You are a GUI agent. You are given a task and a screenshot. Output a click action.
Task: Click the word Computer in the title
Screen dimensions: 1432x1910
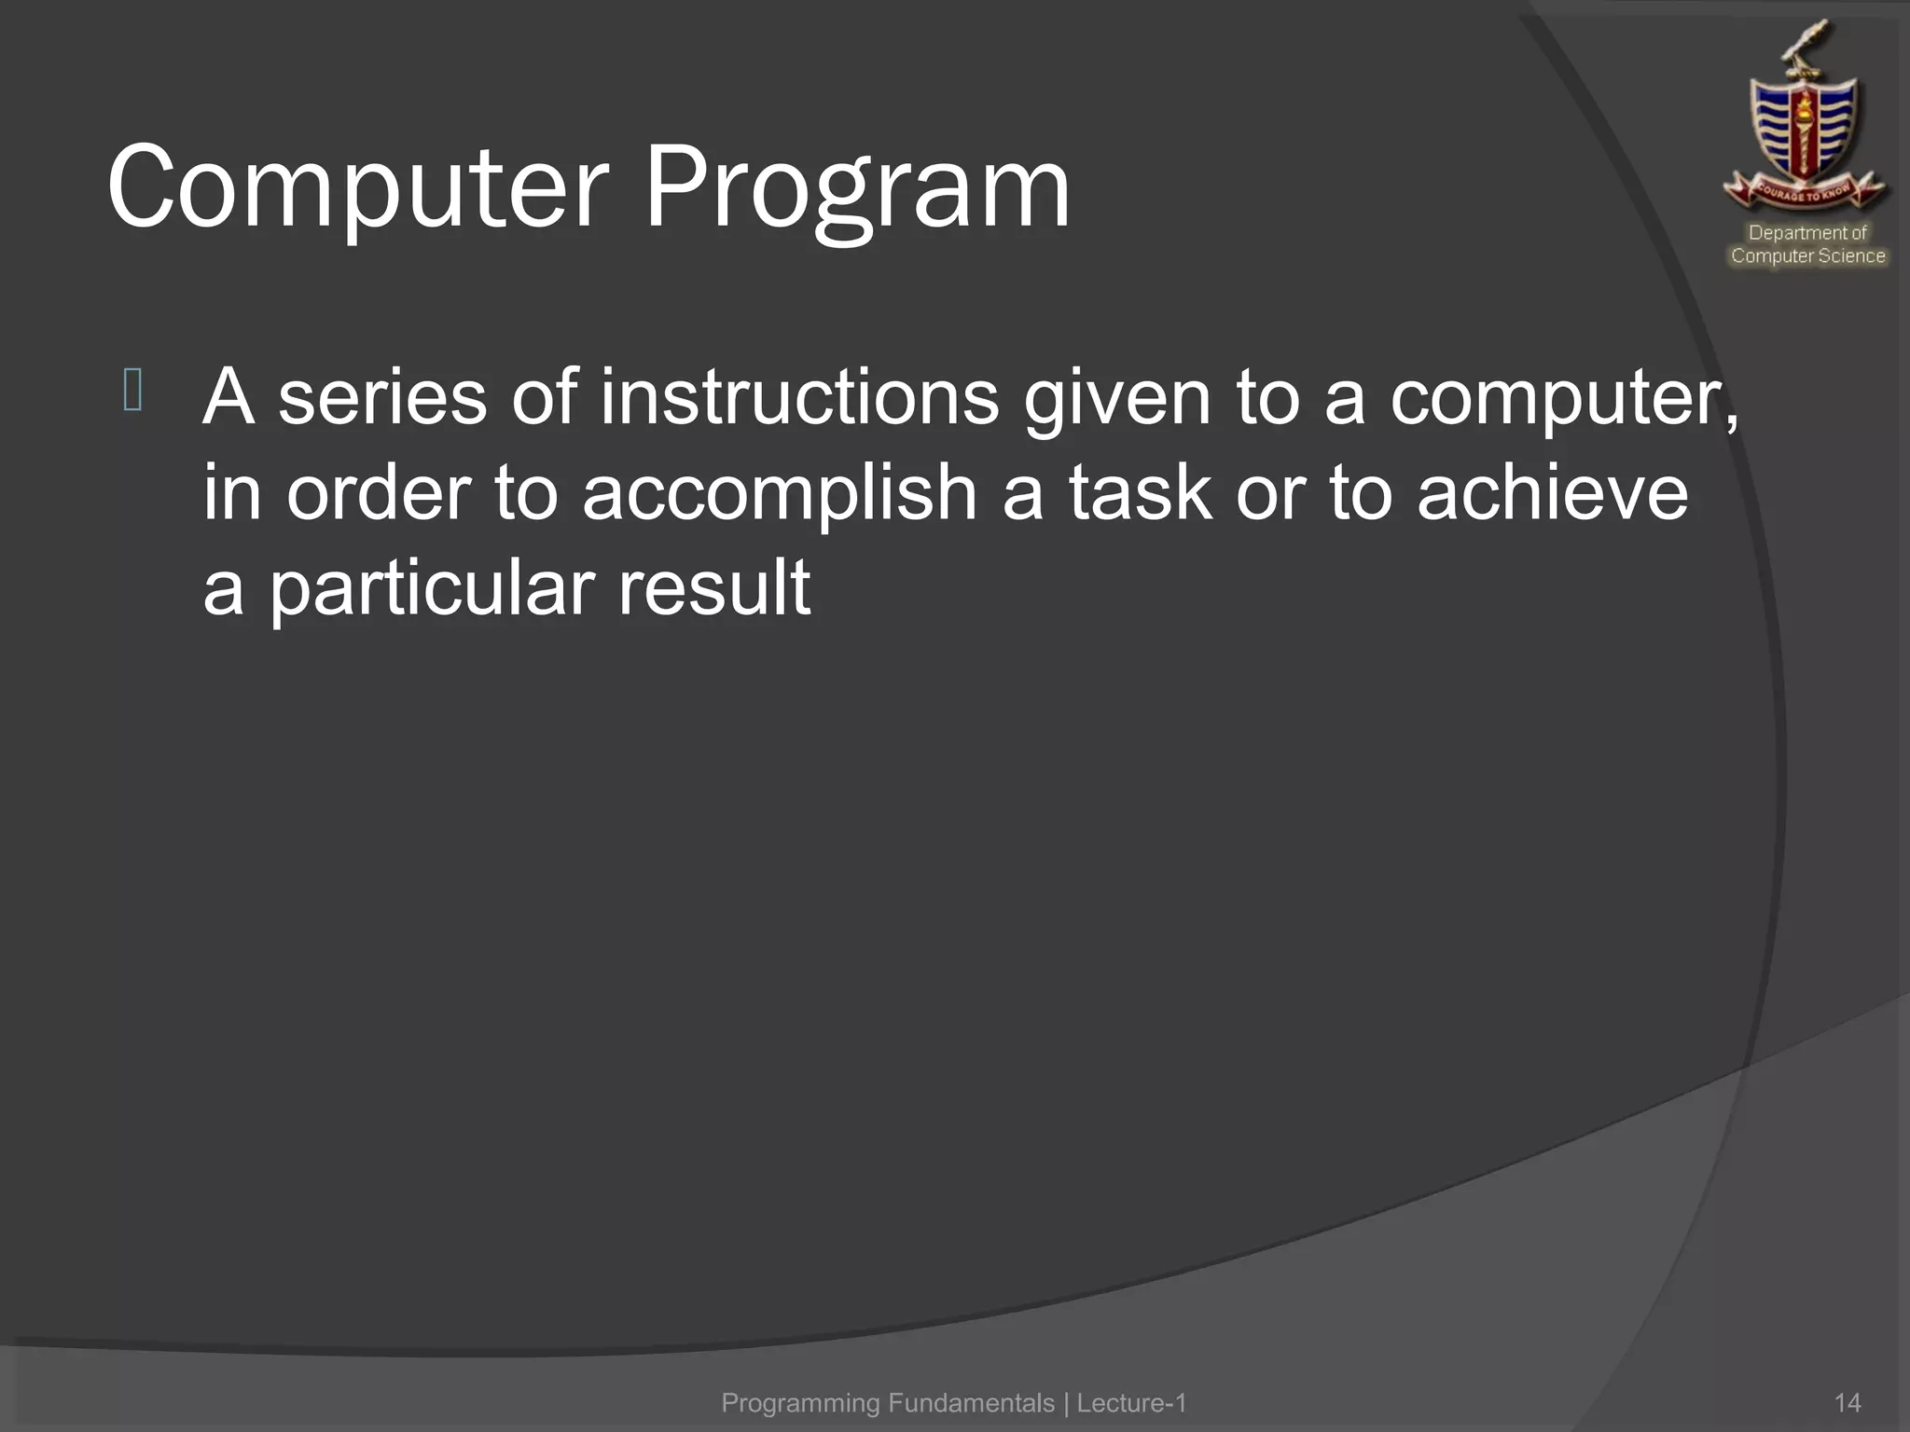[358, 188]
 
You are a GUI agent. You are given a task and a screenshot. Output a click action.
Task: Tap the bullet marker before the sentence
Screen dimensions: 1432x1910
[132, 391]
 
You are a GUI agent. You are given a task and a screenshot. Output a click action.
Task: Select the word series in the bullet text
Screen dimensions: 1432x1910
[381, 398]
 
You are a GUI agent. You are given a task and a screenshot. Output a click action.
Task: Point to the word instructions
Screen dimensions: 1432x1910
[799, 398]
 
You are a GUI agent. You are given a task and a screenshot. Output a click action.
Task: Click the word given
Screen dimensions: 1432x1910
[1116, 398]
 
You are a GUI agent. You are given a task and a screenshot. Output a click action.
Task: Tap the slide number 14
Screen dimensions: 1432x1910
[1847, 1402]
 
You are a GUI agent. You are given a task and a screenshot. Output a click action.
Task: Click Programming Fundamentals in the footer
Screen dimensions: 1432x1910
[888, 1402]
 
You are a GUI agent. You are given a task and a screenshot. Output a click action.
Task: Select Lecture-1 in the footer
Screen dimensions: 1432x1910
[1131, 1402]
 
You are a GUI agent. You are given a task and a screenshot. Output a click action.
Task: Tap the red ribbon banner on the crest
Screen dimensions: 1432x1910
[1805, 191]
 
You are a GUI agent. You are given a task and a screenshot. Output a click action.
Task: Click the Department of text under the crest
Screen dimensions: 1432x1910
[1807, 232]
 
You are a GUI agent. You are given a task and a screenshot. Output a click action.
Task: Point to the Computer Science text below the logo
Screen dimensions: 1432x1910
[1807, 255]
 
